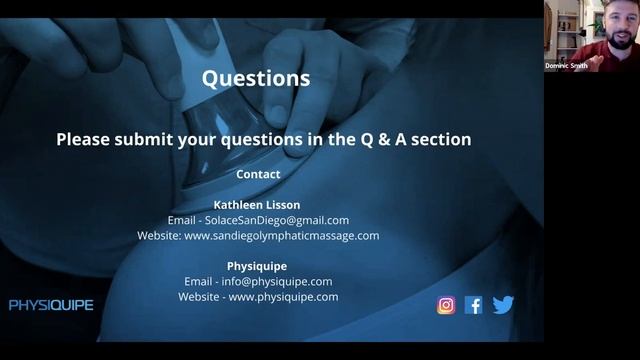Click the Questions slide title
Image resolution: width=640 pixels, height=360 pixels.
[256, 78]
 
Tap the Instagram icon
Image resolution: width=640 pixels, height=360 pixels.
[446, 305]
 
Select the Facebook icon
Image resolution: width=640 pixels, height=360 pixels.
[474, 305]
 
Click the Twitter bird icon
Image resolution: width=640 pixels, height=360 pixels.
[503, 305]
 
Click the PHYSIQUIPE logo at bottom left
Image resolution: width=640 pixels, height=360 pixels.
[51, 305]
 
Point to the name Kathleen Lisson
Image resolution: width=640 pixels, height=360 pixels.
[257, 205]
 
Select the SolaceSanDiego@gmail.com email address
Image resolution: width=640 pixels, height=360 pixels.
[285, 220]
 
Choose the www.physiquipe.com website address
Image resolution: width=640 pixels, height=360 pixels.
[285, 297]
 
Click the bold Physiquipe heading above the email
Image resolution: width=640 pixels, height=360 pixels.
[257, 267]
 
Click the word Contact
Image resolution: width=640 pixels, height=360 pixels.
[258, 174]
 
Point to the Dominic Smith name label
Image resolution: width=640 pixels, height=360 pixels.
[566, 66]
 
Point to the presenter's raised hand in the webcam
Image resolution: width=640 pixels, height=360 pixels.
[593, 54]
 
